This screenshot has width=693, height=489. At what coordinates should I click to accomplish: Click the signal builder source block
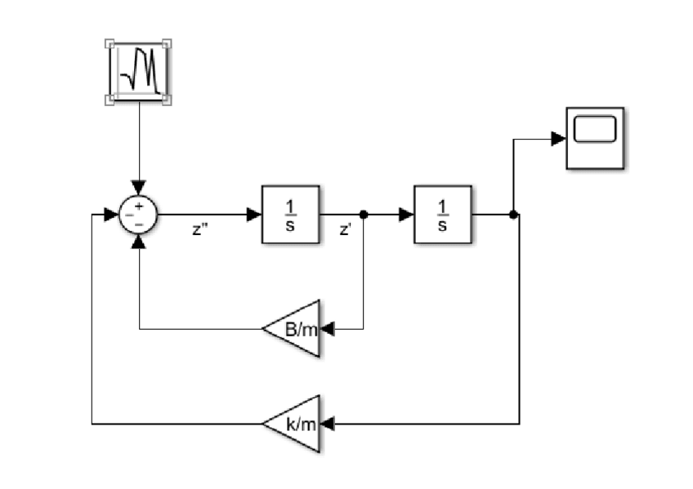[140, 71]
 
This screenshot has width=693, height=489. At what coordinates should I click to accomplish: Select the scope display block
[596, 138]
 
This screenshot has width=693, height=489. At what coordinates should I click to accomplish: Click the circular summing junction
[139, 216]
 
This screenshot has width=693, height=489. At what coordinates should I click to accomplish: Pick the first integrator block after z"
[290, 215]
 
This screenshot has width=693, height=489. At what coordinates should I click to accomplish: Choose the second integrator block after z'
[443, 215]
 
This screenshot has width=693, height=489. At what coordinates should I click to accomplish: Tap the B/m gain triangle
[292, 329]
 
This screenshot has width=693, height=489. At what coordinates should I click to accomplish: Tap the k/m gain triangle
[292, 424]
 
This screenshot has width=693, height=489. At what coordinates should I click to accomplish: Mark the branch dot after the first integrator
[364, 216]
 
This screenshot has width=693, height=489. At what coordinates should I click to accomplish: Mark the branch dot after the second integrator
[513, 216]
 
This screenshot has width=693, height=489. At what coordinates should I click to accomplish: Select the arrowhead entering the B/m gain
[329, 330]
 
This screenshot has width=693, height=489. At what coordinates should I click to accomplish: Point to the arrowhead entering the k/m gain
[329, 424]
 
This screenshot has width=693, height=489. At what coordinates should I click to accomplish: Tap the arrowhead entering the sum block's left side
[112, 216]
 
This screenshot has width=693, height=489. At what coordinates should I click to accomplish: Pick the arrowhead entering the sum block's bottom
[140, 241]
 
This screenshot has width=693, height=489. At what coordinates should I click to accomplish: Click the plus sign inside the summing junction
[139, 207]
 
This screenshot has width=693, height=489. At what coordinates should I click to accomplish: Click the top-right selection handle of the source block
[168, 43]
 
